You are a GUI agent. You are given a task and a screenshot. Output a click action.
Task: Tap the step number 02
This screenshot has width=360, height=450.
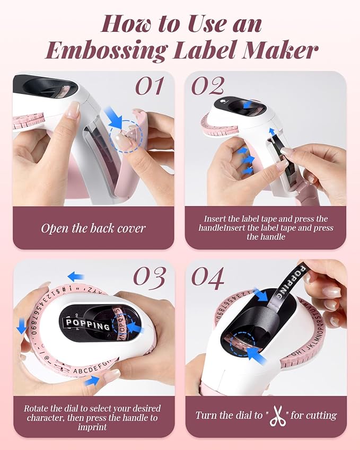[208, 85]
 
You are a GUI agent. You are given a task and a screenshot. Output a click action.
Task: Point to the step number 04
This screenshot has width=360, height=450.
[208, 277]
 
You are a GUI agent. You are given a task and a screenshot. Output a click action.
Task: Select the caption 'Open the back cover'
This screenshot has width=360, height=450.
[93, 228]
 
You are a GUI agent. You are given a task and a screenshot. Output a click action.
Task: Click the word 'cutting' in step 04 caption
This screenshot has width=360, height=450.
[315, 415]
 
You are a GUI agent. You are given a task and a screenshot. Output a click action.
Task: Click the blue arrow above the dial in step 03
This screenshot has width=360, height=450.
[76, 276]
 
